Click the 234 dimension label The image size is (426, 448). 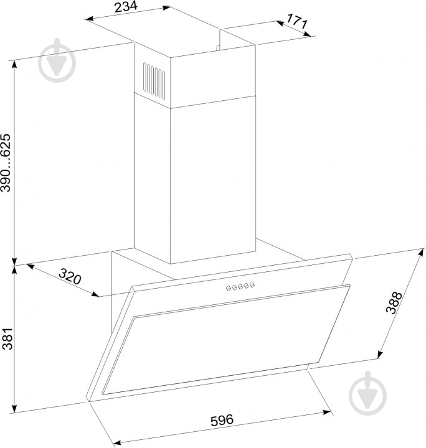[126, 7]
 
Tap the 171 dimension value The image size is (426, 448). [297, 21]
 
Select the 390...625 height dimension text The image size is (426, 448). [6, 162]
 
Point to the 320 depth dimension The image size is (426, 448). [70, 276]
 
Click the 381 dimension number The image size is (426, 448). [7, 338]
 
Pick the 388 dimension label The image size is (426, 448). [394, 303]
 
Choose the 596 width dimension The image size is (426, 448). [222, 420]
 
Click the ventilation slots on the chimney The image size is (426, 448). [154, 81]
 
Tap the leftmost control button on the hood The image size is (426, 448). [229, 288]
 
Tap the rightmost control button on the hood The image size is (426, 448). [252, 285]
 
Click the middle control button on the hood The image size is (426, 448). [240, 287]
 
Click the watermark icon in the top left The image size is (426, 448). [57, 60]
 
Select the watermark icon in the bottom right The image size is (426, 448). [367, 393]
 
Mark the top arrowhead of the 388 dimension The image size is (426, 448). [420, 253]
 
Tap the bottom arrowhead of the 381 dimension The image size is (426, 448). [13, 408]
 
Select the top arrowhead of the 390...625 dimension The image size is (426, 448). [14, 65]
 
